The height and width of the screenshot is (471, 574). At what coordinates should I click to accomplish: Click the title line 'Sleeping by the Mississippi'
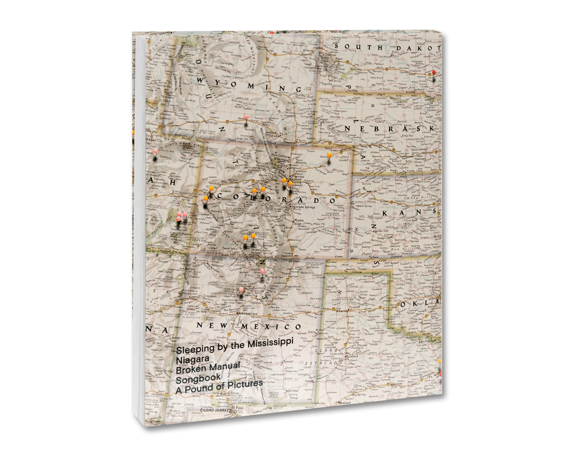click(235, 346)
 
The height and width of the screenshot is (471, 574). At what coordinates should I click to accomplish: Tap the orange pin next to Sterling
click(329, 155)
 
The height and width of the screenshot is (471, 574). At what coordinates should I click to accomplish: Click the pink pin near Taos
click(262, 271)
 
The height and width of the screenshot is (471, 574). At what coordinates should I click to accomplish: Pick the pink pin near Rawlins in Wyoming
click(246, 117)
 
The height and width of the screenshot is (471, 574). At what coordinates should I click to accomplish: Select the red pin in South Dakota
click(433, 72)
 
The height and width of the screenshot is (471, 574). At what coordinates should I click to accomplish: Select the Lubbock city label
click(352, 356)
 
